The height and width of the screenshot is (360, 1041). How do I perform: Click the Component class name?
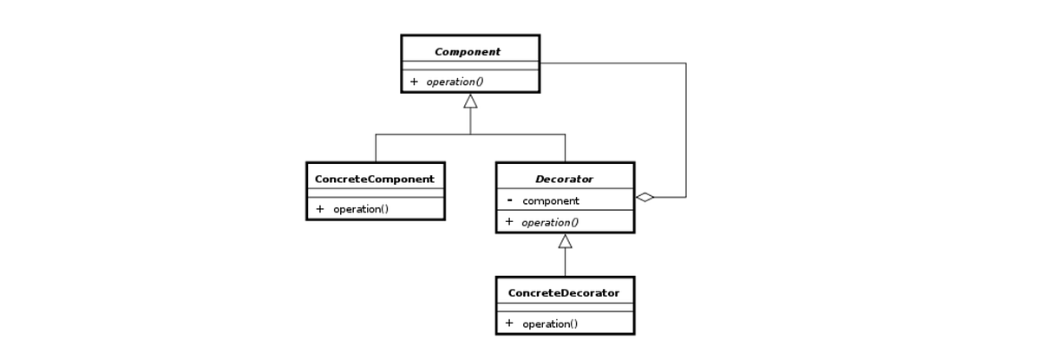click(468, 52)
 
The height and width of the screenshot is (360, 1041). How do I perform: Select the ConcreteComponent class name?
click(375, 180)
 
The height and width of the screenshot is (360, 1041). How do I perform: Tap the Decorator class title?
click(564, 180)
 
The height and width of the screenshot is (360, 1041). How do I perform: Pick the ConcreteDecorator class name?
click(564, 293)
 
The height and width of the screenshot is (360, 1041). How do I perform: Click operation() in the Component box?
click(455, 82)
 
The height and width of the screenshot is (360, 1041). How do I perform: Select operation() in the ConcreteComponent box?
click(360, 209)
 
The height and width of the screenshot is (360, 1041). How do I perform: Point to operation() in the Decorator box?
click(550, 222)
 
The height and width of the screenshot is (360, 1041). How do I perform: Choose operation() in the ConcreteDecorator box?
click(550, 324)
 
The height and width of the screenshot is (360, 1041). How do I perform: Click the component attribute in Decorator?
click(551, 201)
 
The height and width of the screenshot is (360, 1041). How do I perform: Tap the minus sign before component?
click(509, 200)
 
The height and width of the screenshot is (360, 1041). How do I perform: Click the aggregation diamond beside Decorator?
click(645, 197)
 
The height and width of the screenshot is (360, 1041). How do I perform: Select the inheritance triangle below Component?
click(470, 101)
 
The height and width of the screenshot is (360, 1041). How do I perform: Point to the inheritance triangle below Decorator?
click(565, 241)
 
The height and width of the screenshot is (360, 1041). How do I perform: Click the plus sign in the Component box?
click(414, 82)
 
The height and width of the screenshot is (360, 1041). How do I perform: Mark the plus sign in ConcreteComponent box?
click(319, 209)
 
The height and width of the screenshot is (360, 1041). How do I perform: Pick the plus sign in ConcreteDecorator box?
click(509, 324)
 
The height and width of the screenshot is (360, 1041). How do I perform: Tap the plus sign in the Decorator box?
click(509, 222)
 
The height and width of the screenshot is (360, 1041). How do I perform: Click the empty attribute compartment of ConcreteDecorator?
click(565, 307)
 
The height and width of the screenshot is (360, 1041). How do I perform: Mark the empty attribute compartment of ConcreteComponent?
click(375, 193)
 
